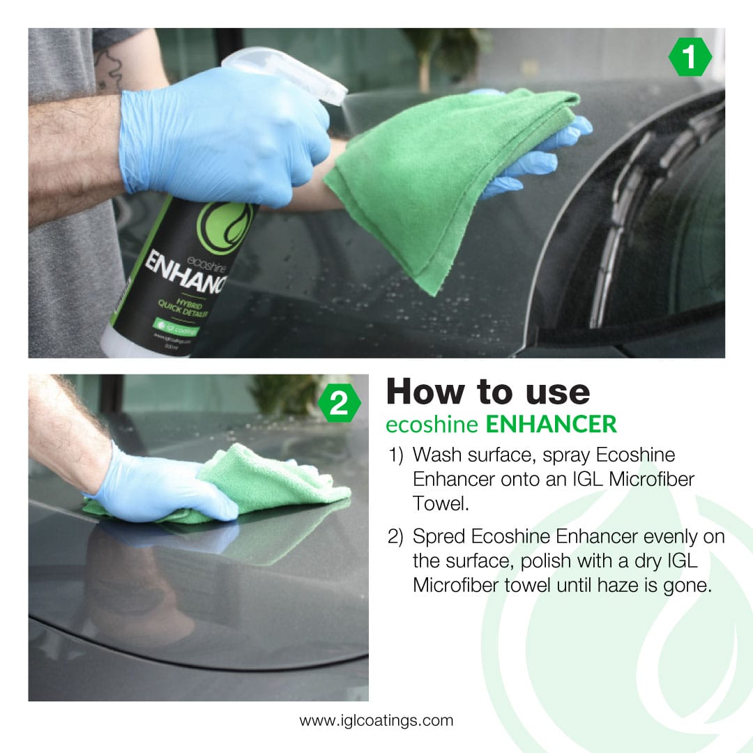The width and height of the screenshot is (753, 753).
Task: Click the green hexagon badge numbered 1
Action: click(x=690, y=58)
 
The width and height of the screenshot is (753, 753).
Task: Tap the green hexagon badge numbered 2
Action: click(x=339, y=404)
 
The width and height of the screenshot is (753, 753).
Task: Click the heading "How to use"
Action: click(x=487, y=392)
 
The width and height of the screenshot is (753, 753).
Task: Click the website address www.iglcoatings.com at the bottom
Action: click(x=376, y=720)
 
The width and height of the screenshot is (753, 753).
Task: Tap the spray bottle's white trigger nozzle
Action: click(x=293, y=73)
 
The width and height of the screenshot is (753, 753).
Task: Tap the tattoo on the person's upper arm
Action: click(x=109, y=70)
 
